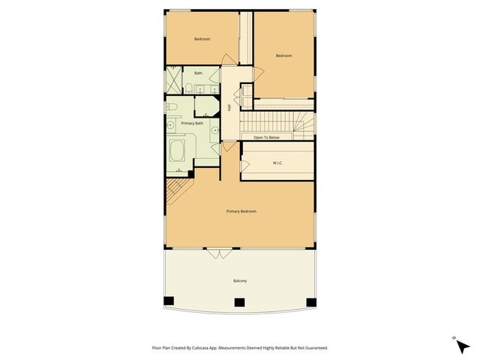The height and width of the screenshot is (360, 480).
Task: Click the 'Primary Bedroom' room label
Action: pos(241,211)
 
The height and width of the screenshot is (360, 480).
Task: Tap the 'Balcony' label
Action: pos(240,280)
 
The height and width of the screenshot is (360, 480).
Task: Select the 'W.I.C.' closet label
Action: pos(277,163)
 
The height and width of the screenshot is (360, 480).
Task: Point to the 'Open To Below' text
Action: pos(266,137)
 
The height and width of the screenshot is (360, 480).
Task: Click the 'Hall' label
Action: pos(229,108)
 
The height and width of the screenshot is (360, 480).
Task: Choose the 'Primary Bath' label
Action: pos(192,122)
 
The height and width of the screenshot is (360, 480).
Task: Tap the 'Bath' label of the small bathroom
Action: pos(198,73)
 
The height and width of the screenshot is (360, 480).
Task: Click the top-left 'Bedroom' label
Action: pos(202,39)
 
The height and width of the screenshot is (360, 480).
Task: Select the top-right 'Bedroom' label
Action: pos(283,55)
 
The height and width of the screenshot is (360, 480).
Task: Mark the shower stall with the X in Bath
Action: pos(174,77)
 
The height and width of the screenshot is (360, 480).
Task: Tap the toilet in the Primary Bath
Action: pos(172,106)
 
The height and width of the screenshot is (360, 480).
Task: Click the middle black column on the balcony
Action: pos(239,303)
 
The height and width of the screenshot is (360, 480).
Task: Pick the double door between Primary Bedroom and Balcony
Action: pos(220,253)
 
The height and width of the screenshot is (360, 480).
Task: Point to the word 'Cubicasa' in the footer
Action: pos(212,348)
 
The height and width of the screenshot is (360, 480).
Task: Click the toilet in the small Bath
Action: pos(211,89)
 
